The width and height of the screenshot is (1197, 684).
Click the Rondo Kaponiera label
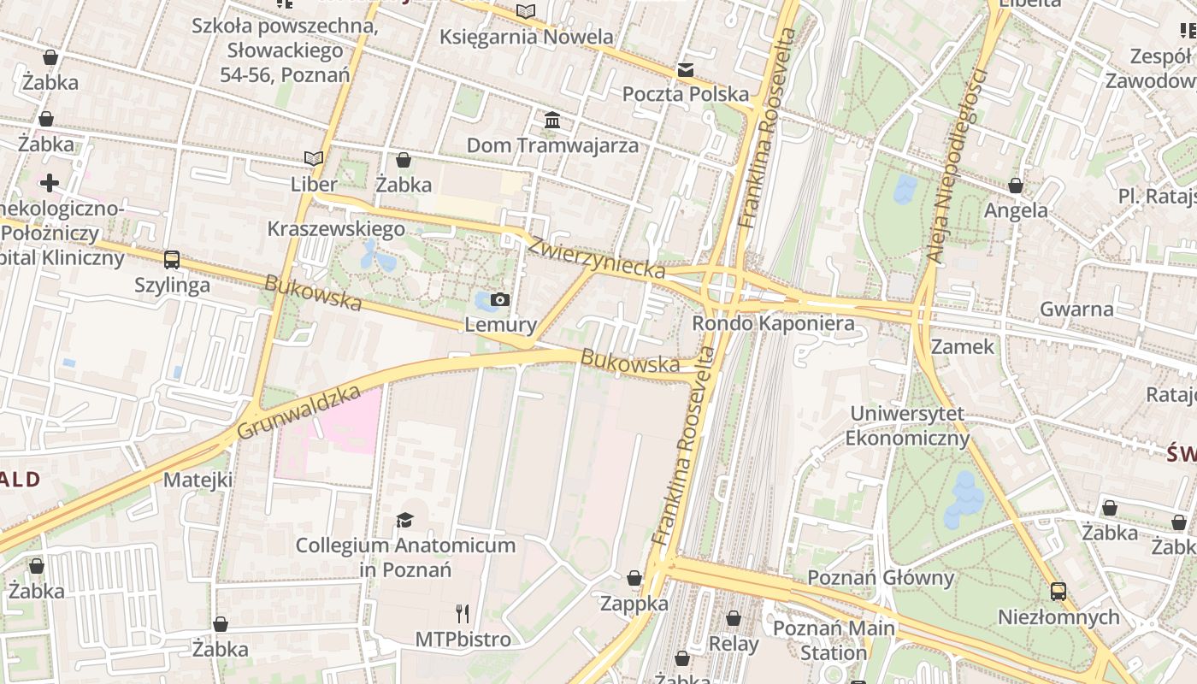(x=772, y=323)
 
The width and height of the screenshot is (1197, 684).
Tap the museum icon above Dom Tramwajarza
(x=552, y=120)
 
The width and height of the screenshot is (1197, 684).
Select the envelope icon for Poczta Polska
(x=686, y=70)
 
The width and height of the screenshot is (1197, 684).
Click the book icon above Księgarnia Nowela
(x=526, y=12)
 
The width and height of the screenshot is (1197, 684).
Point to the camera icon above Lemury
(x=500, y=299)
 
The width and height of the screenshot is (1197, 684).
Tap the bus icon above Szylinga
(x=172, y=259)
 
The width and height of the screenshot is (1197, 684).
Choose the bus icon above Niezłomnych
(x=1058, y=591)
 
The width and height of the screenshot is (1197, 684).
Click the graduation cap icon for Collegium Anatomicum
(x=404, y=520)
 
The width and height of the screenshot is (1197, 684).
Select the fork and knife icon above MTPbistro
(x=463, y=613)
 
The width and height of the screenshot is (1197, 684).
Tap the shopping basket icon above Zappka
(x=634, y=579)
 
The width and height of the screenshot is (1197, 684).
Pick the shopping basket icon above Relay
(x=734, y=618)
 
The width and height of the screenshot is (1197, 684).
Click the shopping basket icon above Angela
(x=1016, y=186)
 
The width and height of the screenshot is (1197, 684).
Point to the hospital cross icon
(x=49, y=182)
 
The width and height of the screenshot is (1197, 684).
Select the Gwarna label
(x=1076, y=309)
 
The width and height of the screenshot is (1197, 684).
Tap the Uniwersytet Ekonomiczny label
(x=907, y=426)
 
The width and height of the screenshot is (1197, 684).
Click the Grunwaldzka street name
(x=298, y=412)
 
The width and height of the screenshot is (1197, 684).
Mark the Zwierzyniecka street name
(x=596, y=256)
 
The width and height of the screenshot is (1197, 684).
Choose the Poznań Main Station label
(x=834, y=640)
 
